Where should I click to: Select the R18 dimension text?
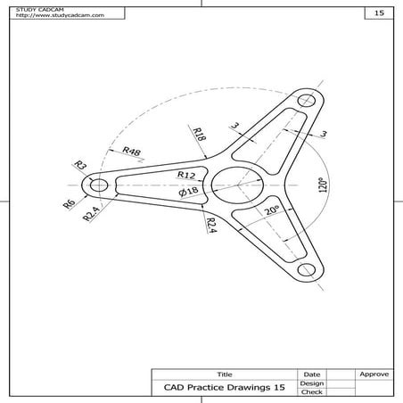click(x=201, y=136)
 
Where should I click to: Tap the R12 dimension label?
click(x=186, y=175)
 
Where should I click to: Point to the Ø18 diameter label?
click(x=188, y=191)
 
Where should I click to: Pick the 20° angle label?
click(x=272, y=211)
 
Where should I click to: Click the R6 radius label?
click(x=69, y=204)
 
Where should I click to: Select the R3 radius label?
click(x=79, y=165)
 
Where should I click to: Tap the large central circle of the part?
click(x=234, y=185)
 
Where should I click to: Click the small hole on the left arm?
click(x=98, y=185)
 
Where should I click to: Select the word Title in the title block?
click(x=224, y=374)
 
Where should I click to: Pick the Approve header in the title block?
click(x=372, y=374)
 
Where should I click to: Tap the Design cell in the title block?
click(x=311, y=383)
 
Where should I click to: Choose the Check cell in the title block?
click(x=311, y=392)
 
